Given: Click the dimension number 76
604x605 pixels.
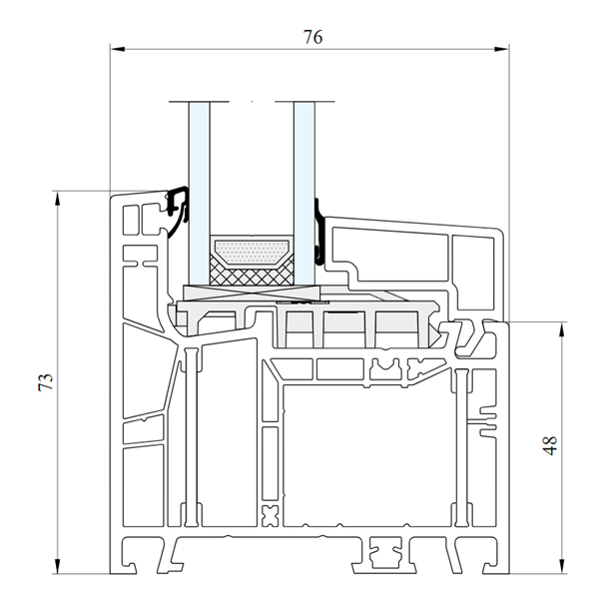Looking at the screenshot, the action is click(x=312, y=37).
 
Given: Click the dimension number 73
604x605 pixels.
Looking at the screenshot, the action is click(x=46, y=382).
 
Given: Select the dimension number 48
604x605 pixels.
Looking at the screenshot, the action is click(x=549, y=445).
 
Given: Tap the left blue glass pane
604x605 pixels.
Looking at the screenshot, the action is click(x=199, y=193).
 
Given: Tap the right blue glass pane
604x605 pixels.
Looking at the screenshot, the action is click(x=304, y=193).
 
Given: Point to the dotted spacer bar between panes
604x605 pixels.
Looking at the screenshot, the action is click(x=252, y=253).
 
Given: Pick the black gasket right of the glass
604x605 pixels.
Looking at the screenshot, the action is click(x=319, y=232).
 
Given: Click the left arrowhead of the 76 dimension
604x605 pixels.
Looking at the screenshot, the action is click(x=118, y=49).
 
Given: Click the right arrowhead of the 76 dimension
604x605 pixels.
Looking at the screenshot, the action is click(x=502, y=49).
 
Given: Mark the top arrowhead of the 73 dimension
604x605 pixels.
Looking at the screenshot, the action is click(x=58, y=199).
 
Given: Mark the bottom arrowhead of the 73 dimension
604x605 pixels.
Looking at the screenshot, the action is click(x=58, y=566).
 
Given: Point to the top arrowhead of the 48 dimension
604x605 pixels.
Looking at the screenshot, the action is click(x=562, y=329).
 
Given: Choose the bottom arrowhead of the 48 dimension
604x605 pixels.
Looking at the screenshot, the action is click(x=562, y=566).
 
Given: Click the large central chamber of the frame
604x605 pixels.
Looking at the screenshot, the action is click(x=366, y=455).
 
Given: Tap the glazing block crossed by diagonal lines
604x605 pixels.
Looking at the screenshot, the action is click(x=252, y=293).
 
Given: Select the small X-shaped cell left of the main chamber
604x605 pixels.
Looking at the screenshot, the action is click(x=271, y=516).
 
